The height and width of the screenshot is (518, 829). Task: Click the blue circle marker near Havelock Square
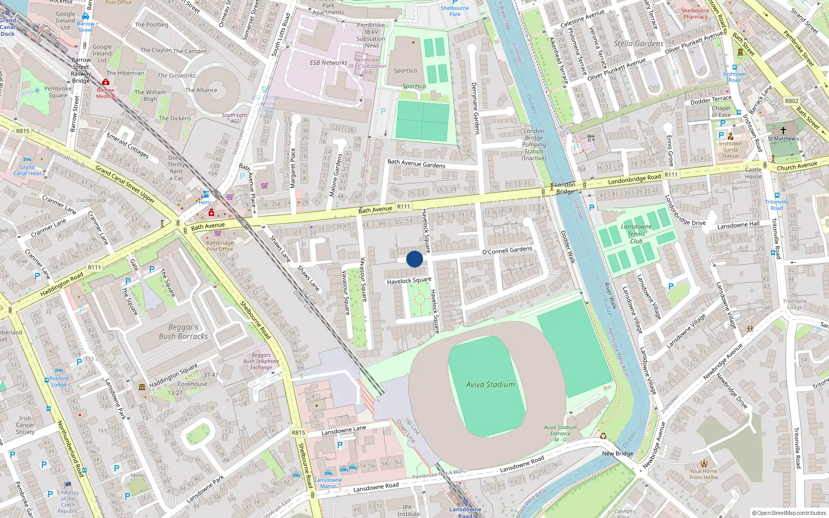pyautogui.click(x=414, y=259)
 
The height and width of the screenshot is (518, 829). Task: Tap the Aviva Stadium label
pyautogui.click(x=490, y=384)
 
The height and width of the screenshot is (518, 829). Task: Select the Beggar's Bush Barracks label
pyautogui.click(x=183, y=332)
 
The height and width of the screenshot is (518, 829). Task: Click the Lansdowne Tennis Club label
pyautogui.click(x=636, y=234)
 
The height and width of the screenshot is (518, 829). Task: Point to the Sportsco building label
pyautogui.click(x=405, y=70)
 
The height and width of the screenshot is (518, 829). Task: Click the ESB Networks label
pyautogui.click(x=328, y=63)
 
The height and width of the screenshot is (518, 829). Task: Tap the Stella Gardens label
pyautogui.click(x=638, y=44)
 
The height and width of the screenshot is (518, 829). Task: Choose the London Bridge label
pyautogui.click(x=565, y=188)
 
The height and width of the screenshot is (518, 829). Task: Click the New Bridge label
pyautogui.click(x=617, y=453)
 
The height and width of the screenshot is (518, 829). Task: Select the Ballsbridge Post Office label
pyautogui.click(x=220, y=246)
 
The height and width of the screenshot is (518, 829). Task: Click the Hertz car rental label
pyautogui.click(x=205, y=202)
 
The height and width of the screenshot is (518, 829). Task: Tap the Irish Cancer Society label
pyautogui.click(x=25, y=425)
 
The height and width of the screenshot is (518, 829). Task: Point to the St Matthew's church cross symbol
pyautogui.click(x=783, y=131)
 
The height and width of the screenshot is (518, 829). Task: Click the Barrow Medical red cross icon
pyautogui.click(x=106, y=82)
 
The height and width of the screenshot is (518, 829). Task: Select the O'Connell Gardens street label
pyautogui.click(x=507, y=250)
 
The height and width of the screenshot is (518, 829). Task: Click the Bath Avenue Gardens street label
pyautogui.click(x=416, y=164)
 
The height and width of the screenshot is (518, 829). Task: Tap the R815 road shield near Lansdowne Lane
pyautogui.click(x=298, y=432)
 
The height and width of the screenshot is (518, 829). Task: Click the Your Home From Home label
pyautogui.click(x=704, y=474)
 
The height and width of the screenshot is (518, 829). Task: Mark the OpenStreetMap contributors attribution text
pyautogui.click(x=789, y=513)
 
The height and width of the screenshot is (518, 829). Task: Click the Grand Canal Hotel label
pyautogui.click(x=27, y=170)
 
